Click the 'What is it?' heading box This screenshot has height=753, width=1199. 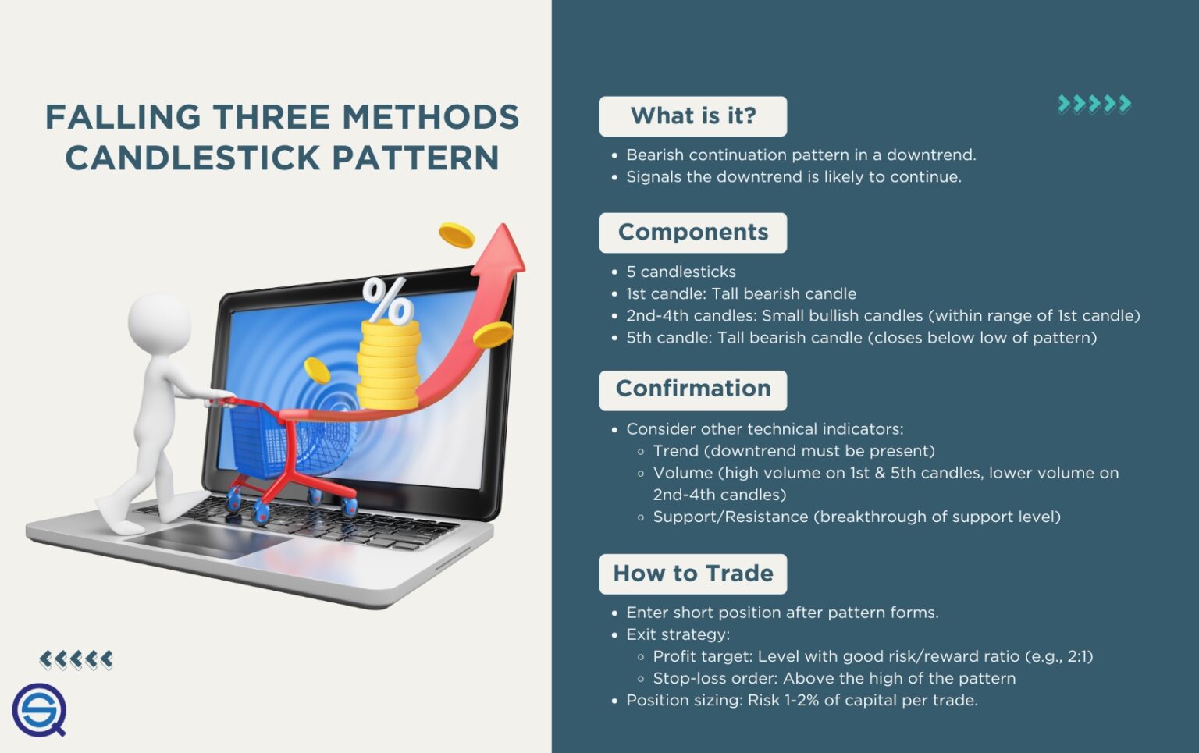click(x=692, y=116)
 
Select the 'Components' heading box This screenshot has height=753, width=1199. click(x=692, y=233)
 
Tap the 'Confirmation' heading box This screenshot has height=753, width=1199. click(x=692, y=389)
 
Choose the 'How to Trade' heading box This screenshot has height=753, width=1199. click(x=692, y=574)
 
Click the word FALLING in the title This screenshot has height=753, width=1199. click(x=123, y=118)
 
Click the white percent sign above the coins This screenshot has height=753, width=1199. click(x=387, y=300)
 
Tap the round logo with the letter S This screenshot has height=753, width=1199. click(x=39, y=710)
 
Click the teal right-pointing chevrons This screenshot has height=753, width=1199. click(x=1094, y=104)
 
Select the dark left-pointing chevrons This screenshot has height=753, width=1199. click(x=76, y=660)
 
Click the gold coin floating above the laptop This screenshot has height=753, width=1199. click(x=457, y=235)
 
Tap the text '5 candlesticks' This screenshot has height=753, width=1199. click(x=681, y=272)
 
